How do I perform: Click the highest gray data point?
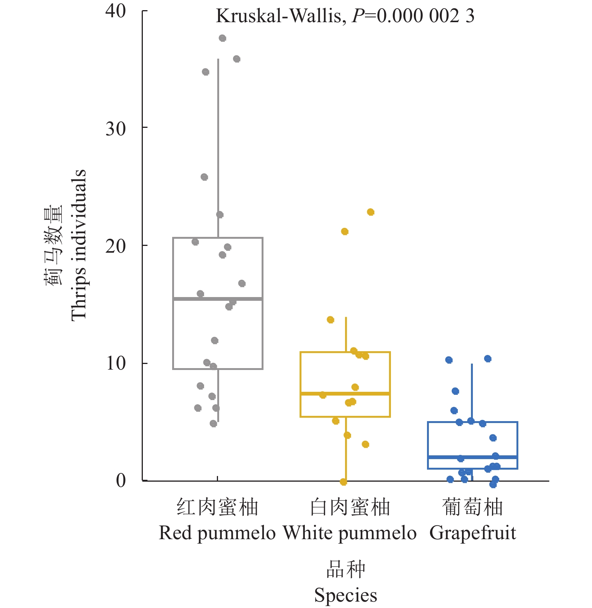click(222, 38)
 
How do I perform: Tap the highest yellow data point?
click(370, 212)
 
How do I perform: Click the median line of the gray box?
click(218, 299)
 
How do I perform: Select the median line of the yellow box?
click(345, 393)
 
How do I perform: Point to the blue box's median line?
click(472, 457)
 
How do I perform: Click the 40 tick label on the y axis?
click(115, 11)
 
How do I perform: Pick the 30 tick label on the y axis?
click(115, 129)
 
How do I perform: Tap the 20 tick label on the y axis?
click(115, 246)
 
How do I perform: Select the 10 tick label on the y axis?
click(115, 364)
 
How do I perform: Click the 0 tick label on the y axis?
click(121, 481)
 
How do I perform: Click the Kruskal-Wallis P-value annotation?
click(345, 17)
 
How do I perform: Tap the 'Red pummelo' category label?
click(217, 533)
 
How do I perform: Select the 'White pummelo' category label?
click(350, 533)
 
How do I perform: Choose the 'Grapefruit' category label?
click(472, 533)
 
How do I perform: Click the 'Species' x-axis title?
click(345, 595)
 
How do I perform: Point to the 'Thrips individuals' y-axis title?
click(78, 245)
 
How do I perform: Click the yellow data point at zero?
click(343, 482)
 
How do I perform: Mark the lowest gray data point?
click(213, 423)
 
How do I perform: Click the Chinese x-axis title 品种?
click(345, 569)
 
